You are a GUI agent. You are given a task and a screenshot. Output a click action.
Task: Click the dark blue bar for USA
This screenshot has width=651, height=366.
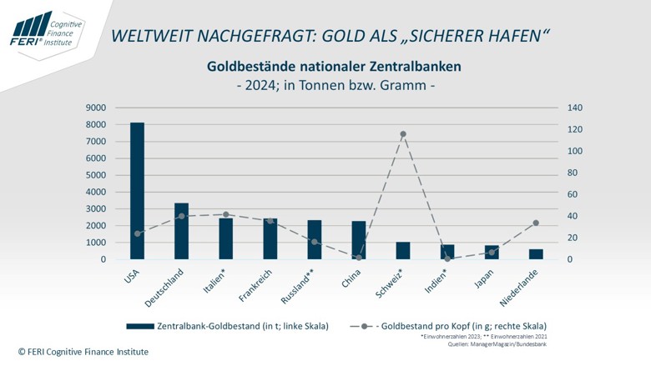[x=137, y=191]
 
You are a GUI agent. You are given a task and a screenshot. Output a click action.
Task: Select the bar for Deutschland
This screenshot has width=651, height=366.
[x=181, y=231]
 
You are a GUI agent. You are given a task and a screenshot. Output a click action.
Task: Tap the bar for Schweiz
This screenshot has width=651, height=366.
[x=403, y=251]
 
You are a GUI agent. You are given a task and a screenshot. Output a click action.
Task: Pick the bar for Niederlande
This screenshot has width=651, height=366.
[x=536, y=254]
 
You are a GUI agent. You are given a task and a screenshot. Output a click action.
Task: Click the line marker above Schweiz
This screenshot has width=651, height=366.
[x=403, y=134]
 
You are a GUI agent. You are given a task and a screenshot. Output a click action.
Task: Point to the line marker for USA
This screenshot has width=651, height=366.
[x=137, y=233]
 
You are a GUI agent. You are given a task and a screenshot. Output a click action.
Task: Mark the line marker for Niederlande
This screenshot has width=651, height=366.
[x=536, y=223]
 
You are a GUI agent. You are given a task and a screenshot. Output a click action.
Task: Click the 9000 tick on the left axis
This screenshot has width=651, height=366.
[x=95, y=108]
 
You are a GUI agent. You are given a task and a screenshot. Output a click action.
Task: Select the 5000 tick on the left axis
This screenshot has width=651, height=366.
[x=95, y=175]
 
